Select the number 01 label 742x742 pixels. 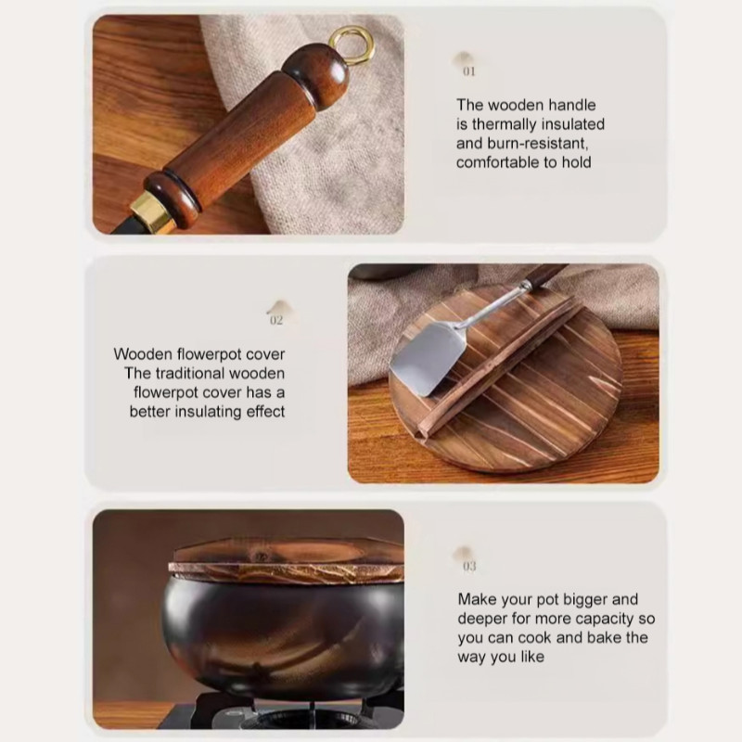pos(469,71)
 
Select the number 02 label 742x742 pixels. pos(276,320)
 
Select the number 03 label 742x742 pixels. pos(469,567)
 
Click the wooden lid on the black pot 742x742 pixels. pos(287,562)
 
